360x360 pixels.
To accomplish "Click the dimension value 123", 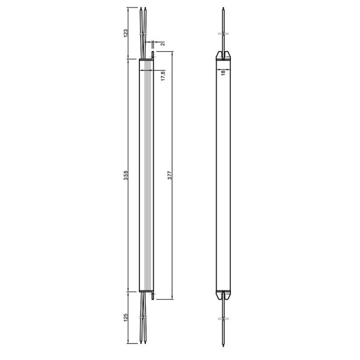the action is [x=126, y=33].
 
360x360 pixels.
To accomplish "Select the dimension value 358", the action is [x=126, y=175].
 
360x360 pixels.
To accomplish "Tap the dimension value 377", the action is [x=170, y=175].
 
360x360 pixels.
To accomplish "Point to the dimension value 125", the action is [x=126, y=317].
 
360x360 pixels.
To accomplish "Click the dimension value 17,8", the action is [x=163, y=76].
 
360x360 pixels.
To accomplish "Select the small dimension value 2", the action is [x=163, y=44].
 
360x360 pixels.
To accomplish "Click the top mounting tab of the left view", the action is [x=153, y=56].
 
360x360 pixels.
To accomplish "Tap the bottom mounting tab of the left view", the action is [x=153, y=296].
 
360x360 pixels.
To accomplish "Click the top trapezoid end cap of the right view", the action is [x=223, y=56].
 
